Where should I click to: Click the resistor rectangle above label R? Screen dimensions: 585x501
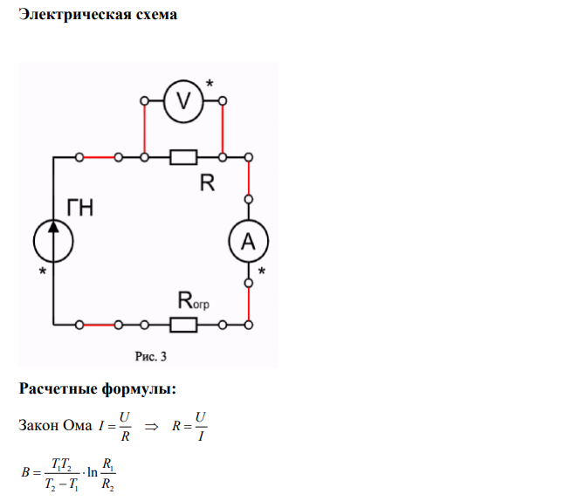pyautogui.click(x=183, y=157)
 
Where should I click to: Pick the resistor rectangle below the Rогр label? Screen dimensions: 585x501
pyautogui.click(x=183, y=325)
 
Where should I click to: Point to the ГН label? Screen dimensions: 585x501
pyautogui.click(x=79, y=208)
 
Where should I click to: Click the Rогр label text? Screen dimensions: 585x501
pyautogui.click(x=193, y=300)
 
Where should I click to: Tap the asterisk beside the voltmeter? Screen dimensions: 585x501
pyautogui.click(x=210, y=83)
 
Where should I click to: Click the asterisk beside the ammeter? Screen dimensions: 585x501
pyautogui.click(x=262, y=271)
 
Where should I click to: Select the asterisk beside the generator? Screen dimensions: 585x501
pyautogui.click(x=43, y=271)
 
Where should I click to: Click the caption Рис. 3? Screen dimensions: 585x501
pyautogui.click(x=151, y=357)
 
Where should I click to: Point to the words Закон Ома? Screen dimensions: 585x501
pyautogui.click(x=55, y=425)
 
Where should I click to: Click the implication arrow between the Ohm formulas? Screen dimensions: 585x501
pyautogui.click(x=151, y=427)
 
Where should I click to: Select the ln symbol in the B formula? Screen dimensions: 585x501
pyautogui.click(x=93, y=472)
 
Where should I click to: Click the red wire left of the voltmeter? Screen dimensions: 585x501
pyautogui.click(x=145, y=129)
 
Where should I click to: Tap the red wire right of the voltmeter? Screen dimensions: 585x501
pyautogui.click(x=223, y=129)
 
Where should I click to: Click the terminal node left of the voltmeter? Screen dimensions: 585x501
pyautogui.click(x=144, y=101)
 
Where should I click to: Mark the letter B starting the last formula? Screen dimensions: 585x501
pyautogui.click(x=25, y=472)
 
